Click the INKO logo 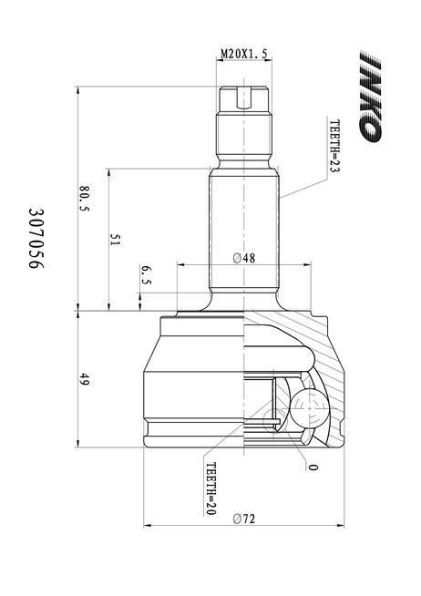pos(369,97)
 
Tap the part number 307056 pos(36,238)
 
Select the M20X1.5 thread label pos(244,54)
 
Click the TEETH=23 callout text pos(334,146)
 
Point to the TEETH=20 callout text pos(210,488)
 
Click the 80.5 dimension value pos(84,199)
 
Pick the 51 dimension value pos(115,240)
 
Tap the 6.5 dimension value pos(146,275)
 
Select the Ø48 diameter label pos(244,259)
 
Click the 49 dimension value pos(84,379)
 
